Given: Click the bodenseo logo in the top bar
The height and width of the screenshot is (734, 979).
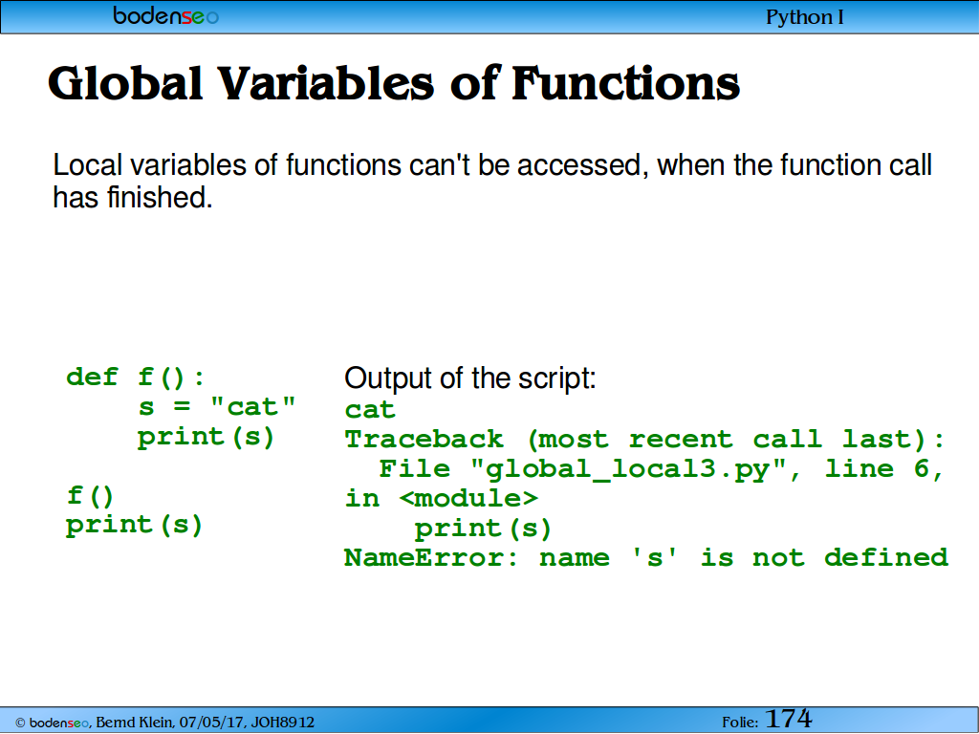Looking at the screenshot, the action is point(166,15).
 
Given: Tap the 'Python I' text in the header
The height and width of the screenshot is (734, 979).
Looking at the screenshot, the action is point(805,17).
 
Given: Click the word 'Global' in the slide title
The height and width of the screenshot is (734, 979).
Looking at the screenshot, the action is point(125,83).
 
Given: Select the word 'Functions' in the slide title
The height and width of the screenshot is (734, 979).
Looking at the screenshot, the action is point(625,83).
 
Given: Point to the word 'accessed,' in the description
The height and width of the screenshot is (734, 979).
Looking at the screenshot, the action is point(578,165).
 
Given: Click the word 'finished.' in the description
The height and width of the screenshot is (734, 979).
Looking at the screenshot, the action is point(160,197).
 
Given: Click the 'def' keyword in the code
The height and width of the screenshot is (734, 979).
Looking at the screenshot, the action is point(92,377).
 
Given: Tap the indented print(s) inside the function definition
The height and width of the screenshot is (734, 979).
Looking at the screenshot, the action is point(207,437).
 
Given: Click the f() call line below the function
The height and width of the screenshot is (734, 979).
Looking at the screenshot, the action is point(91,496).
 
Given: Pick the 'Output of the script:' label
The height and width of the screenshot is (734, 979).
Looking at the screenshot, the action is point(470,378).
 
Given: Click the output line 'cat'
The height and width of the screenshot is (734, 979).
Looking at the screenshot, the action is point(370,410).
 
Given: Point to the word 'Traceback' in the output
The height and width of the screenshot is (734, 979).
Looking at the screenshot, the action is point(424,439).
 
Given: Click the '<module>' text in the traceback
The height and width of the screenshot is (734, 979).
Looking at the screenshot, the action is point(468,498).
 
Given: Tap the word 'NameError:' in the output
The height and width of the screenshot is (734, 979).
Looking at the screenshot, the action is point(431,557).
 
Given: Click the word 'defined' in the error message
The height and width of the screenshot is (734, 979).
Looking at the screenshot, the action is point(886,557).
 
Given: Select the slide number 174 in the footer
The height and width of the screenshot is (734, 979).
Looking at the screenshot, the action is point(788,719).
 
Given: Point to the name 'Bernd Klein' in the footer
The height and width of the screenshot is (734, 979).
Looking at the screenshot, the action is point(134,723).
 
